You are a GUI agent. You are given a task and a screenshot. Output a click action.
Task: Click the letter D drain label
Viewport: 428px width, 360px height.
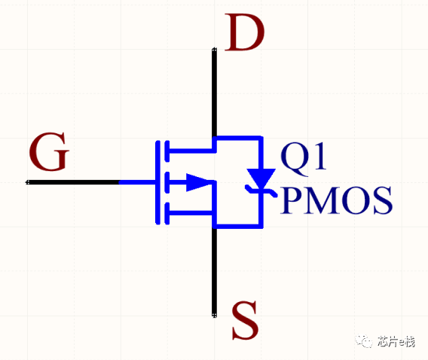click(245, 32)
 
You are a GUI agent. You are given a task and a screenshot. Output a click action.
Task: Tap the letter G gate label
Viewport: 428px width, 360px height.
click(49, 151)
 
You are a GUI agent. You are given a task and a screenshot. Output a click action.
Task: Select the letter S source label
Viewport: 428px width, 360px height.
click(245, 320)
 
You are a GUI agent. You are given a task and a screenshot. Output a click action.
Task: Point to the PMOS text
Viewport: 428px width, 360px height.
click(336, 200)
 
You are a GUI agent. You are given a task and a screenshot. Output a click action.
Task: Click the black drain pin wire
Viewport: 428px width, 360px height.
click(215, 93)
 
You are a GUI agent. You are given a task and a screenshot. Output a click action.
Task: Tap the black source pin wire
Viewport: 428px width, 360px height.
click(215, 272)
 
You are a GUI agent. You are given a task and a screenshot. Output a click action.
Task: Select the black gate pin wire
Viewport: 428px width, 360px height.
click(73, 182)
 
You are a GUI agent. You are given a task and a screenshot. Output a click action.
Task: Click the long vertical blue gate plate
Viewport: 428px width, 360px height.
click(157, 182)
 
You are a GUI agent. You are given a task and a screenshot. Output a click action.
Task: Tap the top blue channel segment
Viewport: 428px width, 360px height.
click(167, 151)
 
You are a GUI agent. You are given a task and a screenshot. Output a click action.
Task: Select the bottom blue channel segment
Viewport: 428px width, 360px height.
click(167, 213)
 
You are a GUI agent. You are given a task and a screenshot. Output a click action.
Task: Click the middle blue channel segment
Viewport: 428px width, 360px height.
click(167, 182)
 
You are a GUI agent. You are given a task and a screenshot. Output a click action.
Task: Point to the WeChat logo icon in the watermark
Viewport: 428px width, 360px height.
click(364, 341)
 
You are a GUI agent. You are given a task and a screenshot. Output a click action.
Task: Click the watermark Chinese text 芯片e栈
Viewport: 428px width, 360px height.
click(396, 341)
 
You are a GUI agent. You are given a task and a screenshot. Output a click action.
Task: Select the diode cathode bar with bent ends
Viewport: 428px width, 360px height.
click(261, 191)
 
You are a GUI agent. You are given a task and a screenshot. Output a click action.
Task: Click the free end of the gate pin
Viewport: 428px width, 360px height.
click(27, 182)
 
